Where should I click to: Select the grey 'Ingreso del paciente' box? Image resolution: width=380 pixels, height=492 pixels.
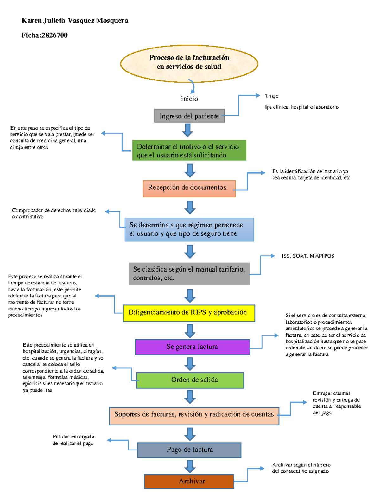click(189, 116)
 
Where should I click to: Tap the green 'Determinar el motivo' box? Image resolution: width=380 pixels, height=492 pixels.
click(189, 150)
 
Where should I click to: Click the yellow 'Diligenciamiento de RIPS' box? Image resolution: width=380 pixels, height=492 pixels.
click(189, 313)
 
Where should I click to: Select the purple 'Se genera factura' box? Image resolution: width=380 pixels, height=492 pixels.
click(192, 347)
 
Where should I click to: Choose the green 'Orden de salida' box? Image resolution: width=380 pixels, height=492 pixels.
click(190, 380)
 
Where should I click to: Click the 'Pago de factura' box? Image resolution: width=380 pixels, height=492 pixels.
click(189, 450)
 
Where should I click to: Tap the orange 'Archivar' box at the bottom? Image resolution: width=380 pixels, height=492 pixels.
click(189, 481)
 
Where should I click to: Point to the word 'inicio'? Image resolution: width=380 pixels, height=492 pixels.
click(189, 99)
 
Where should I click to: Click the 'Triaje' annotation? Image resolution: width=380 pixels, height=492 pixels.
click(271, 96)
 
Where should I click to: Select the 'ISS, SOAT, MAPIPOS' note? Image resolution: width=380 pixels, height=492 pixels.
click(307, 256)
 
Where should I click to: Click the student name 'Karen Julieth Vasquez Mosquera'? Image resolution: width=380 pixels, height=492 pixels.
click(75, 21)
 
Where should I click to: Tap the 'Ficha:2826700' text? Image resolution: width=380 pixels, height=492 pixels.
click(45, 35)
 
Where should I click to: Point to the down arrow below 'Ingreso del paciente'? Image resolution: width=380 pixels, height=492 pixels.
click(187, 130)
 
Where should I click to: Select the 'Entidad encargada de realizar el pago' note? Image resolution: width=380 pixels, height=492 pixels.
click(73, 440)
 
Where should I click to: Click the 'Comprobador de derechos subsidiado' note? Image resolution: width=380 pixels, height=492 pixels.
click(54, 213)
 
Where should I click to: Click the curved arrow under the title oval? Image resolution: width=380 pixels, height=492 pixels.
click(192, 86)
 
